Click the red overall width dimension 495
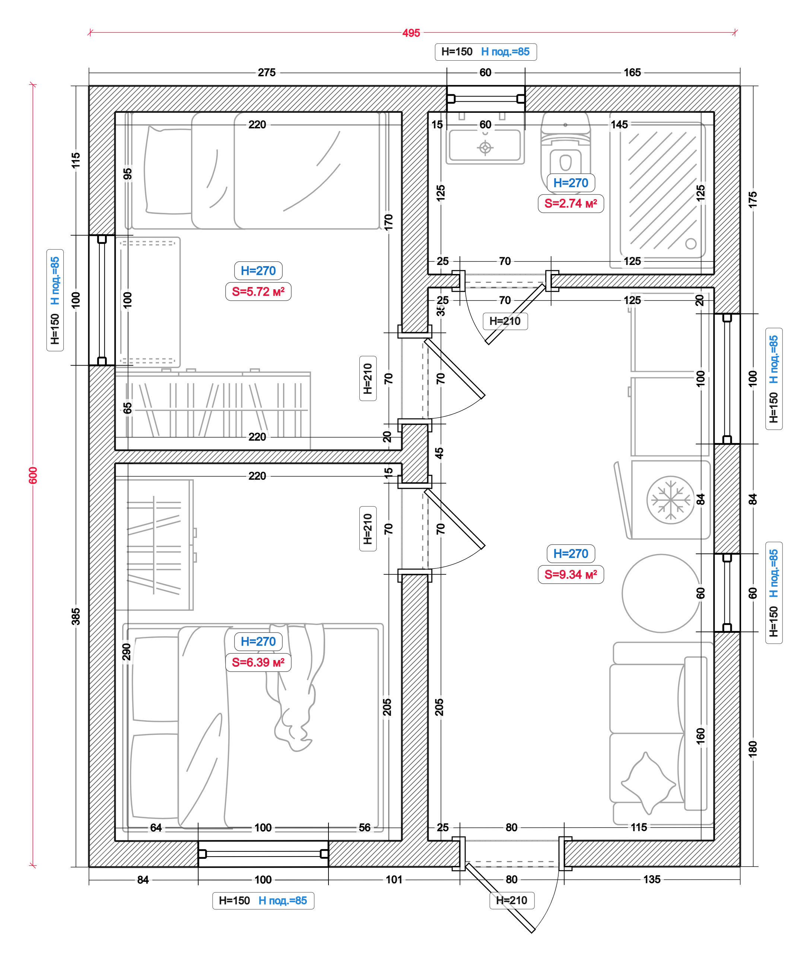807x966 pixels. [x=411, y=33]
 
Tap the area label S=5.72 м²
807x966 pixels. [x=258, y=291]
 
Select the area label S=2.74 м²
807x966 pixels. [x=571, y=203]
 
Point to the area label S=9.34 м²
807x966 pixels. [x=571, y=574]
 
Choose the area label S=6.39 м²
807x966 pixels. [x=258, y=662]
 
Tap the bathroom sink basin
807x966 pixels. [x=485, y=146]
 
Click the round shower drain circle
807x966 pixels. [x=690, y=243]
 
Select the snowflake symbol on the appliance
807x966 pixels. [x=670, y=500]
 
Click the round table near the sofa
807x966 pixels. [x=661, y=593]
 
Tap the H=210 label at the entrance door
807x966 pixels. [x=512, y=900]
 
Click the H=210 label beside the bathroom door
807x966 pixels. [x=505, y=321]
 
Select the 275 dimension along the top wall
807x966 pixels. [x=266, y=73]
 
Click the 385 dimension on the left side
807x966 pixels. [x=76, y=616]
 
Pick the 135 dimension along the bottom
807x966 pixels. [x=651, y=880]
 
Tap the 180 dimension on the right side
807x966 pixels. [x=753, y=749]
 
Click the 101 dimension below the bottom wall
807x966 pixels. [x=394, y=880]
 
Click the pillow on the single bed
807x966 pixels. [x=168, y=171]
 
